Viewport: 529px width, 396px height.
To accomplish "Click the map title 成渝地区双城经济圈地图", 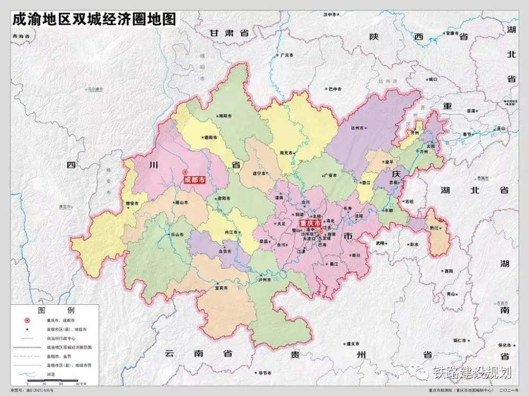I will pos(94,19).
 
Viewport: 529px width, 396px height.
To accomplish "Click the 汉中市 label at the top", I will pos(333,14).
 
